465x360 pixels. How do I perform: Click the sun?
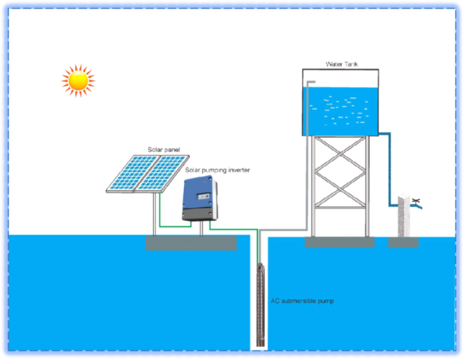78,81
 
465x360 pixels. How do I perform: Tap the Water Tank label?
342,64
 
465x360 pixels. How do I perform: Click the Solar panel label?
164,150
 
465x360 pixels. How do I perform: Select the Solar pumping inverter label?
217,170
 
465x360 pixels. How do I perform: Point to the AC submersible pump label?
302,301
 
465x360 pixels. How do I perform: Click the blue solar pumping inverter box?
200,198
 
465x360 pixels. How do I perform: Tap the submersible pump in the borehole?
260,305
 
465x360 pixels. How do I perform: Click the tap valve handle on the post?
416,201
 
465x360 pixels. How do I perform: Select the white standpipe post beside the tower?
403,215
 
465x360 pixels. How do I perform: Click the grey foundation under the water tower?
340,242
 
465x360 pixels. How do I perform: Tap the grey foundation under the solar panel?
191,243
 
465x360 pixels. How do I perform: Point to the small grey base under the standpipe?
403,243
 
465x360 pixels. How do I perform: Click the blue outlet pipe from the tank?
390,169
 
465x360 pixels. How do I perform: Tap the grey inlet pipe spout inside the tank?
311,82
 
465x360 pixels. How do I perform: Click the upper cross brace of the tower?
340,154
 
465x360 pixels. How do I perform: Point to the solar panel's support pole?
155,214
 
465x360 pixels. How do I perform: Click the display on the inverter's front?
203,197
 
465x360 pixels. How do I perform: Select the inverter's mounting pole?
201,228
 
